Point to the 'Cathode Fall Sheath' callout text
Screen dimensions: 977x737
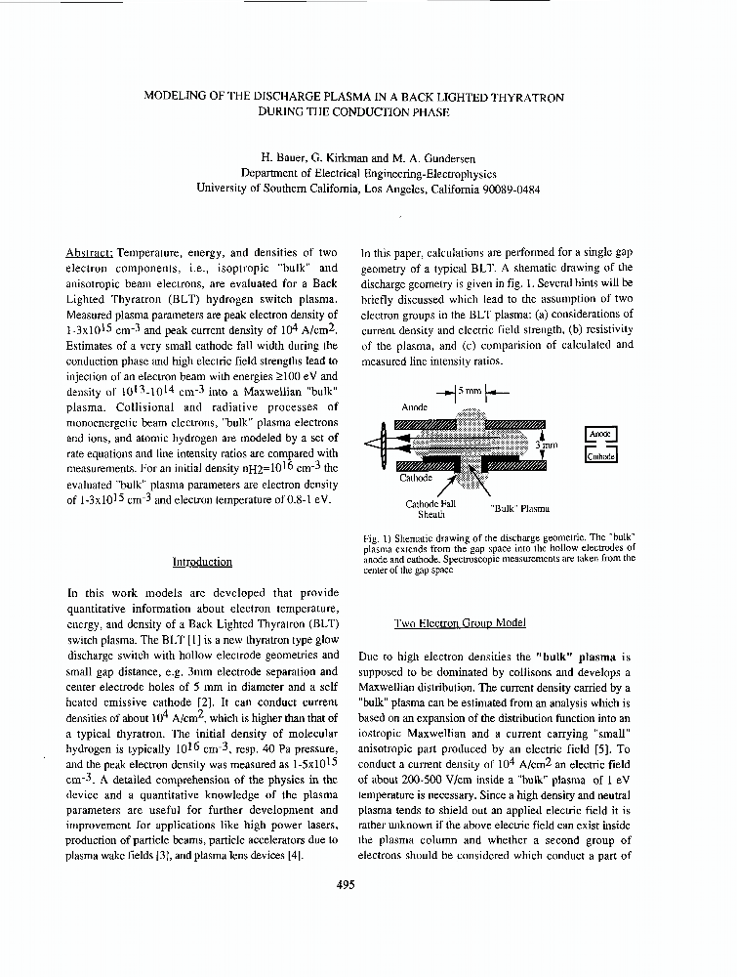coord(430,508)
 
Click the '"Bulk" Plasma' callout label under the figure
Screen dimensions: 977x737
coord(519,508)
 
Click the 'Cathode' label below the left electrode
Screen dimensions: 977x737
coord(417,479)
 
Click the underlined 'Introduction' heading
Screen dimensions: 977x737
coord(202,562)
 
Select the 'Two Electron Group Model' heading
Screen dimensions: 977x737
coord(459,622)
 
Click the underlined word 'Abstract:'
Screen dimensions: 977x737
coord(89,252)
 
